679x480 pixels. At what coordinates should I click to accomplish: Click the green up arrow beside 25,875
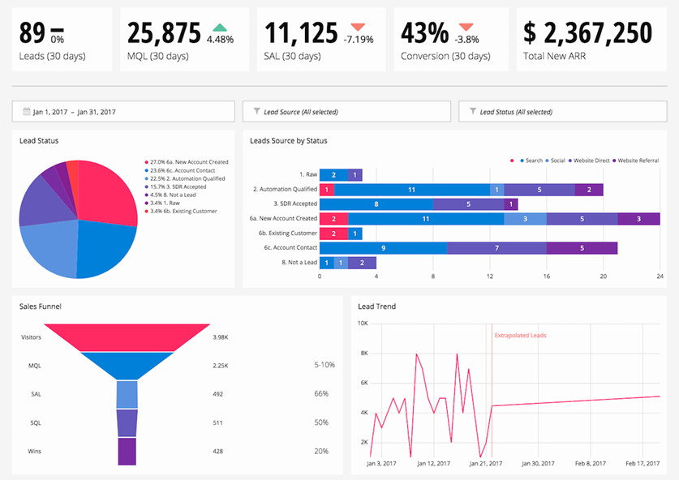click(220, 27)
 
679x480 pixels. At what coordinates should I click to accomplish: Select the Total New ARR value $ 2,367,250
click(588, 33)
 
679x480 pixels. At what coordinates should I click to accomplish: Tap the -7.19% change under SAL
click(358, 38)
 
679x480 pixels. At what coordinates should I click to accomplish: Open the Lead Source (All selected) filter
click(346, 112)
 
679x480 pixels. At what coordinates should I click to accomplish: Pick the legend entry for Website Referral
click(637, 161)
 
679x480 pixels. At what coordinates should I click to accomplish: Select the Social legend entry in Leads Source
click(557, 161)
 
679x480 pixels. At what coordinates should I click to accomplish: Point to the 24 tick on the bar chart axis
click(660, 276)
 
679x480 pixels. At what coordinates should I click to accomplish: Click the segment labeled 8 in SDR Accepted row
click(376, 204)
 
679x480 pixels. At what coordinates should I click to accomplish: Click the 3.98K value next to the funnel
click(220, 336)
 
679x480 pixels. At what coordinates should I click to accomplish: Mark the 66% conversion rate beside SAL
click(321, 393)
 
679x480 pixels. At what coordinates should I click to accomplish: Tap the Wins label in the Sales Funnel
click(34, 451)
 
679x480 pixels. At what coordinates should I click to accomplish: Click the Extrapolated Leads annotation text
click(519, 334)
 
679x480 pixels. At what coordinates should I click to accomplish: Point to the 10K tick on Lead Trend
click(363, 323)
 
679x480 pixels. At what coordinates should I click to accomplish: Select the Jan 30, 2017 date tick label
click(538, 464)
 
